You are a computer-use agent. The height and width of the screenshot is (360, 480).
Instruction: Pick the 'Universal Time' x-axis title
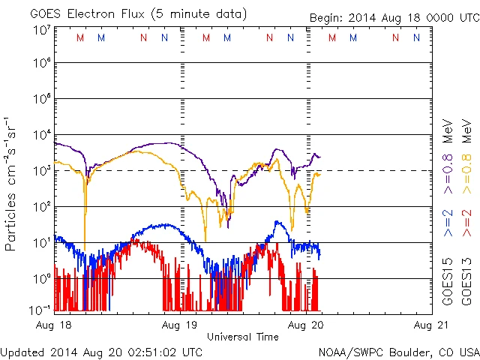coord(242,337)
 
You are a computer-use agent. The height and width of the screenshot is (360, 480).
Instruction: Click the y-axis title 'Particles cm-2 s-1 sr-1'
coord(12,184)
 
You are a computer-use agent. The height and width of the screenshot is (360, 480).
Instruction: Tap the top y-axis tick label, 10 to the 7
coord(41,30)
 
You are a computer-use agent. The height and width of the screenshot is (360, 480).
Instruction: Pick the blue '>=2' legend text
coord(447,223)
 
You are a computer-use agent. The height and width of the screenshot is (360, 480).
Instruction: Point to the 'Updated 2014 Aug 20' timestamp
coord(101,351)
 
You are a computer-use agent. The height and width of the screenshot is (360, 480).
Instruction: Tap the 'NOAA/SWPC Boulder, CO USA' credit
coord(398,351)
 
